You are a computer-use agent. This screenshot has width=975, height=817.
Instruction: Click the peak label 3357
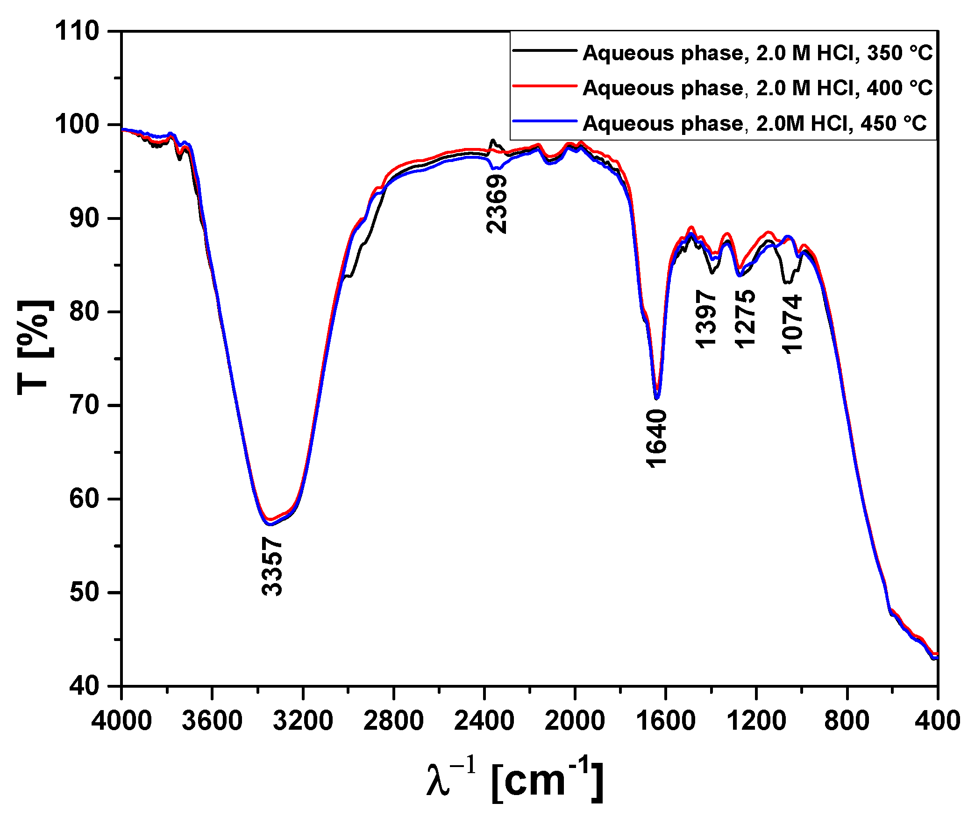coord(272,566)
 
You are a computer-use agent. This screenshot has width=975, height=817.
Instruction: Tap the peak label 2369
coord(496,204)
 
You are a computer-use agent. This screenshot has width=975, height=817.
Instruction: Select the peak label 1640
coord(656,438)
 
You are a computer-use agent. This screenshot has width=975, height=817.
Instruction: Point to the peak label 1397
coord(705,319)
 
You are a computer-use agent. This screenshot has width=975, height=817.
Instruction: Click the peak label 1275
coord(744,319)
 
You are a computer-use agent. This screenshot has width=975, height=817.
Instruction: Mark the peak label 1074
coord(791,324)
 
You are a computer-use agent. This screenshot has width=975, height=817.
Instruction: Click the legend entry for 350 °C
coord(757,53)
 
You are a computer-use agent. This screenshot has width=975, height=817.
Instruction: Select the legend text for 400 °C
coord(757,88)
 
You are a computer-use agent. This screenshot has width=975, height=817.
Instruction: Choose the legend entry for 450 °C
coord(754,123)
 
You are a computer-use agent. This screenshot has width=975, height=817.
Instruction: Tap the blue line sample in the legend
coord(545,121)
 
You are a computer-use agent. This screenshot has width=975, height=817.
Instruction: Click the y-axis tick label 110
coord(77,31)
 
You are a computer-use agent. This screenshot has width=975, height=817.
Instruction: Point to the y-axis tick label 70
coord(84,405)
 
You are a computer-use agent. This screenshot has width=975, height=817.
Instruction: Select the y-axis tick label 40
coord(84,685)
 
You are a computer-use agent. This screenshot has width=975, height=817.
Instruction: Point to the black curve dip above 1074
coord(787,282)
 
